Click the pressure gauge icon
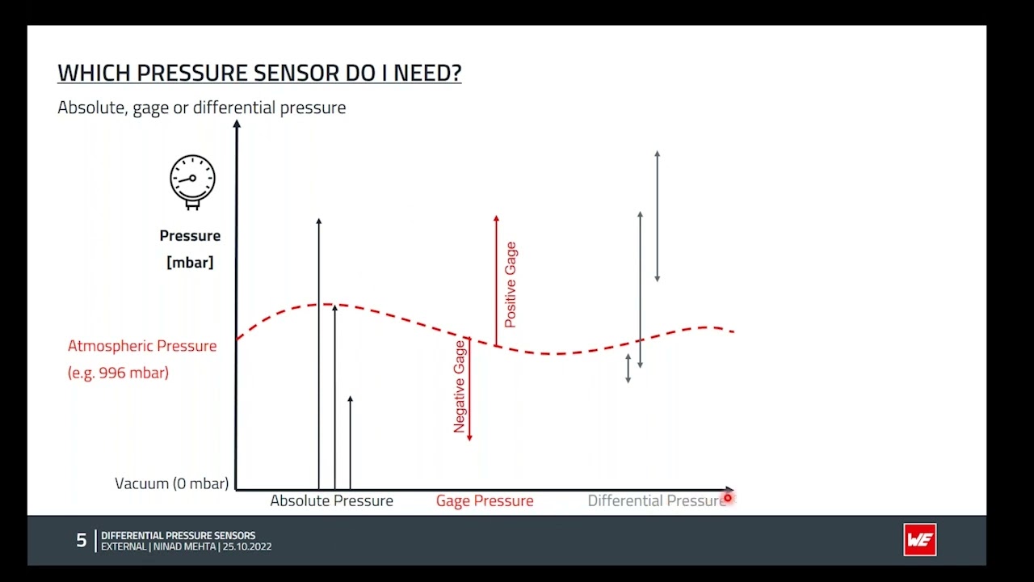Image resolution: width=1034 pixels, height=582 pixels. pyautogui.click(x=192, y=181)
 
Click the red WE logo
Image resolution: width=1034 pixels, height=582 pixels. pyautogui.click(x=919, y=540)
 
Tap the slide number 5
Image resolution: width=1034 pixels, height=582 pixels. pyautogui.click(x=81, y=540)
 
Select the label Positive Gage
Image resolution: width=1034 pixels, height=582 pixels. pyautogui.click(x=510, y=285)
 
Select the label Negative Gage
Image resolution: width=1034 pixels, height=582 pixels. pyautogui.click(x=460, y=386)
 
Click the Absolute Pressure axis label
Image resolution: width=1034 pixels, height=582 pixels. pyautogui.click(x=331, y=501)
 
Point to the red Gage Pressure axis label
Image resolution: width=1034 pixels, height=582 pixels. pyautogui.click(x=485, y=501)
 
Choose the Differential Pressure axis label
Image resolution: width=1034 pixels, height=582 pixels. pyautogui.click(x=654, y=501)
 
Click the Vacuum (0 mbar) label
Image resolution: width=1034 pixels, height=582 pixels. pyautogui.click(x=172, y=483)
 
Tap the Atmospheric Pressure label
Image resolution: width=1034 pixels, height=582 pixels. pyautogui.click(x=142, y=346)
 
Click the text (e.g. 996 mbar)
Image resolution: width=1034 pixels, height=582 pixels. pyautogui.click(x=118, y=373)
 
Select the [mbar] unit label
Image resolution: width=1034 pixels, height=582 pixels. pyautogui.click(x=190, y=263)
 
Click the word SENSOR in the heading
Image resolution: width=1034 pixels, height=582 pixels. pyautogui.click(x=299, y=74)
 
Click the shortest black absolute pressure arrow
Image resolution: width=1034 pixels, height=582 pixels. pyautogui.click(x=350, y=443)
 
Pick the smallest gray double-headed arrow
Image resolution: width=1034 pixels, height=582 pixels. pyautogui.click(x=628, y=368)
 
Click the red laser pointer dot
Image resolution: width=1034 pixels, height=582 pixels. pyautogui.click(x=727, y=499)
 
